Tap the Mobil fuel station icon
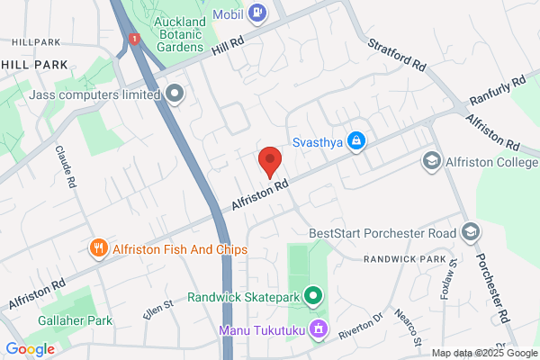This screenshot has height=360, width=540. point(257,12)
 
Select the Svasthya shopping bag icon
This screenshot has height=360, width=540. point(357,141)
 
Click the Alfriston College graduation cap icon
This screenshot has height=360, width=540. point(432,160)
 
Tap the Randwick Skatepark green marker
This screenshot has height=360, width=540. point(313,295)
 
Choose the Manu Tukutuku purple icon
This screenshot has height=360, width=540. point(317,330)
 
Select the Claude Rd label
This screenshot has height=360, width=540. point(65,168)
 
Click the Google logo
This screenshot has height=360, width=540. point(30,349)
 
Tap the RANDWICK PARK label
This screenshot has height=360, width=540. point(405,259)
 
